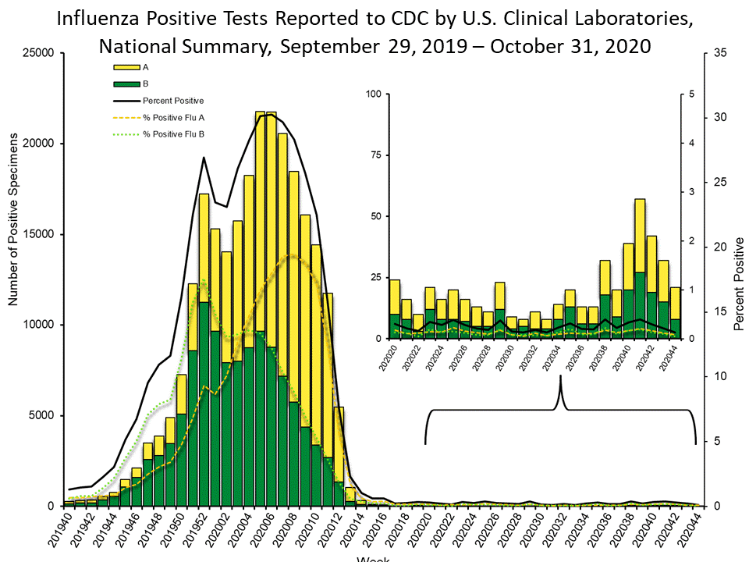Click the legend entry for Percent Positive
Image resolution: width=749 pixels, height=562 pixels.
[x=172, y=101]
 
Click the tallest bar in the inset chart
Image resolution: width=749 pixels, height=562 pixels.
[x=640, y=269]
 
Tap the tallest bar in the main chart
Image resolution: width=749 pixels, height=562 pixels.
[x=261, y=312]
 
